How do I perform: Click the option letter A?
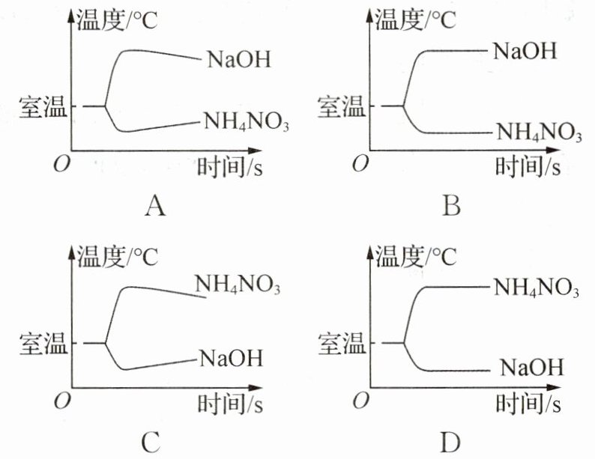(x=154, y=204)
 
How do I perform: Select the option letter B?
(x=450, y=204)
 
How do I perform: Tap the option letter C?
(x=151, y=443)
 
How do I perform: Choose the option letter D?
(x=450, y=443)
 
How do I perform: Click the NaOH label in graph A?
(x=238, y=58)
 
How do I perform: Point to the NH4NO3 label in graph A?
(x=247, y=121)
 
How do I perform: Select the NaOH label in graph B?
(x=525, y=51)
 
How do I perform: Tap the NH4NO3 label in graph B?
(x=539, y=134)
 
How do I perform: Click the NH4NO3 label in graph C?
(x=238, y=285)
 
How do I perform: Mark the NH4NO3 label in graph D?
(x=536, y=286)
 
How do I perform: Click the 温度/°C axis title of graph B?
(x=414, y=19)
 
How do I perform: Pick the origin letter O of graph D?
(x=362, y=401)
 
